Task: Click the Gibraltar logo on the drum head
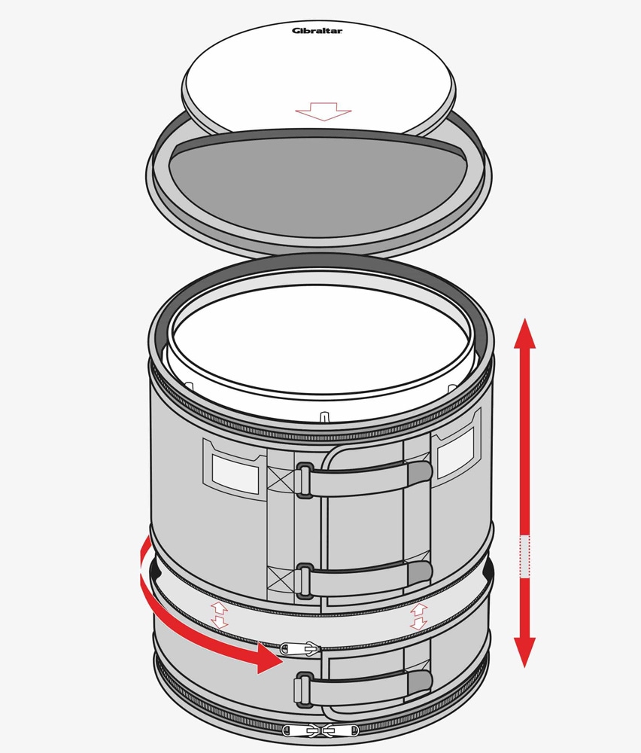(317, 31)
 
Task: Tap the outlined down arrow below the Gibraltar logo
(324, 111)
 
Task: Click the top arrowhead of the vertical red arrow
(525, 332)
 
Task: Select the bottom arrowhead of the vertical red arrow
(525, 652)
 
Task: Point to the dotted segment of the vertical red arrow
(525, 556)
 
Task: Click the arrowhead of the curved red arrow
(269, 658)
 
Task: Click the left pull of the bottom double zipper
(300, 730)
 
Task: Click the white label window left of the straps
(235, 474)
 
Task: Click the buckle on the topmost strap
(304, 480)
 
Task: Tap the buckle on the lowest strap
(304, 689)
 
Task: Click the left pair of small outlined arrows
(219, 615)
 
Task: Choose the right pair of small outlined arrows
(418, 617)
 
